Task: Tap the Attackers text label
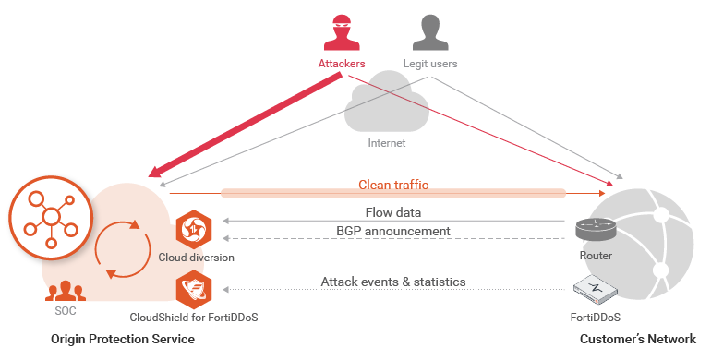[x=342, y=64]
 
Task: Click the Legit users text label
[x=430, y=64]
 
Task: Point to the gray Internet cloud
[x=386, y=110]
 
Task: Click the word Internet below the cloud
[x=386, y=143]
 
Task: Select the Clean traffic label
[x=393, y=185]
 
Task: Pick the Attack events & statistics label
[x=393, y=282]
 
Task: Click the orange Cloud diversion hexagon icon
[x=195, y=229]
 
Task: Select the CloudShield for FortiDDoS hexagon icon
[x=195, y=288]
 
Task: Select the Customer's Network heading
[x=637, y=340]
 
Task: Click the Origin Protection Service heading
[x=123, y=340]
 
